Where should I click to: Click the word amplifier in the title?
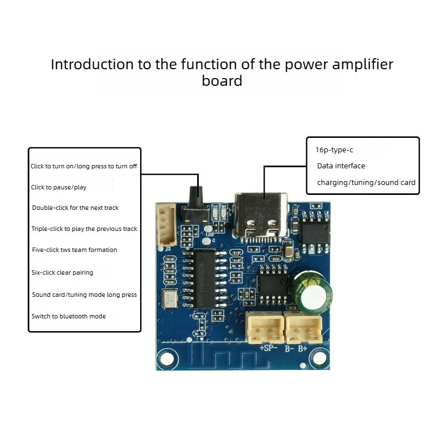coord(363,65)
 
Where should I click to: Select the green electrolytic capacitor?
coord(312,292)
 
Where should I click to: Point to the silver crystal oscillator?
coord(170,298)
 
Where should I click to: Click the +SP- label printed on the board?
coord(268,348)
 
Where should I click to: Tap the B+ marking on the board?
coord(302,348)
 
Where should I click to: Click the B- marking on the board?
coord(289,349)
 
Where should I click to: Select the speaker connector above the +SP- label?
coord(265,328)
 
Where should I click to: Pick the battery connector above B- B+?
coord(303,328)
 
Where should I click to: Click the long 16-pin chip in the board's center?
coord(204,279)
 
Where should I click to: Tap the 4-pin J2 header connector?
coord(167,225)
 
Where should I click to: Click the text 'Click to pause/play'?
coord(59,187)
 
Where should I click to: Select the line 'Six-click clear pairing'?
coord(62,272)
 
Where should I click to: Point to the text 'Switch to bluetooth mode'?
coord(69,316)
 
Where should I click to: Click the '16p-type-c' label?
coord(334,150)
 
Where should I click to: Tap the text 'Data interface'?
coord(341,166)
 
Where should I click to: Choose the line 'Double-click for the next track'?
coord(75,208)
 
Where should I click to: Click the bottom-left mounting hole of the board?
coord(167,359)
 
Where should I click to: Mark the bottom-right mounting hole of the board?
coord(320,359)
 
